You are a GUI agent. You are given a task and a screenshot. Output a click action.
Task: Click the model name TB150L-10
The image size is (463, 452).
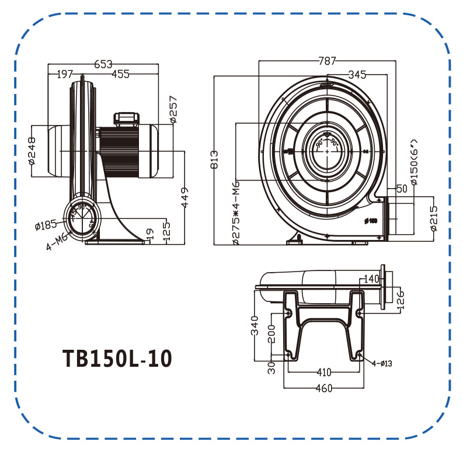[117, 359]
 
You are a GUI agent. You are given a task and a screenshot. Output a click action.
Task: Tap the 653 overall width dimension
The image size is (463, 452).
[103, 64]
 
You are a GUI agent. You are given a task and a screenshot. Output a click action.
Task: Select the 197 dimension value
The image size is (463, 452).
[65, 74]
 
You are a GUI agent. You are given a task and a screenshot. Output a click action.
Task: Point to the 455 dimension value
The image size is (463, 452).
[120, 74]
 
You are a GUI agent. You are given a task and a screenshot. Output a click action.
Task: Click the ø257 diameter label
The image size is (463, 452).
[173, 109]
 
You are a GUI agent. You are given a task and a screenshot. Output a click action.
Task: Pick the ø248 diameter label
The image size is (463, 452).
[32, 150]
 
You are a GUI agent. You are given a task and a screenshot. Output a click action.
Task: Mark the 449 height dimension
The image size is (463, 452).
[184, 198]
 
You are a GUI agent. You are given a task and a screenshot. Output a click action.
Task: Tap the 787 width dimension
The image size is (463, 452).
[328, 61]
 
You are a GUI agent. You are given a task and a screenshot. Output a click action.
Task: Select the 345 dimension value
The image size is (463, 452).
[357, 74]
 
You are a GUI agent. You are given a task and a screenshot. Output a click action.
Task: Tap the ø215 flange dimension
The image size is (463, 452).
[433, 218]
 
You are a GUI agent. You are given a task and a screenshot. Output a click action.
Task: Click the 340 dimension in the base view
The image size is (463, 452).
[254, 325]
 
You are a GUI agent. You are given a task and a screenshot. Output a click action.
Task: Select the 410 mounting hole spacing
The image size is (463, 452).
[323, 372]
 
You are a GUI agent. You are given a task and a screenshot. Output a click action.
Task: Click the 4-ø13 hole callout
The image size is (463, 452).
[382, 363]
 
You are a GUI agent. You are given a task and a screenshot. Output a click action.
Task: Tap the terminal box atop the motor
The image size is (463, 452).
[128, 119]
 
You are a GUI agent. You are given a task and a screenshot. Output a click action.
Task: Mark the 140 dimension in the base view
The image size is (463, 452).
[370, 279]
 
